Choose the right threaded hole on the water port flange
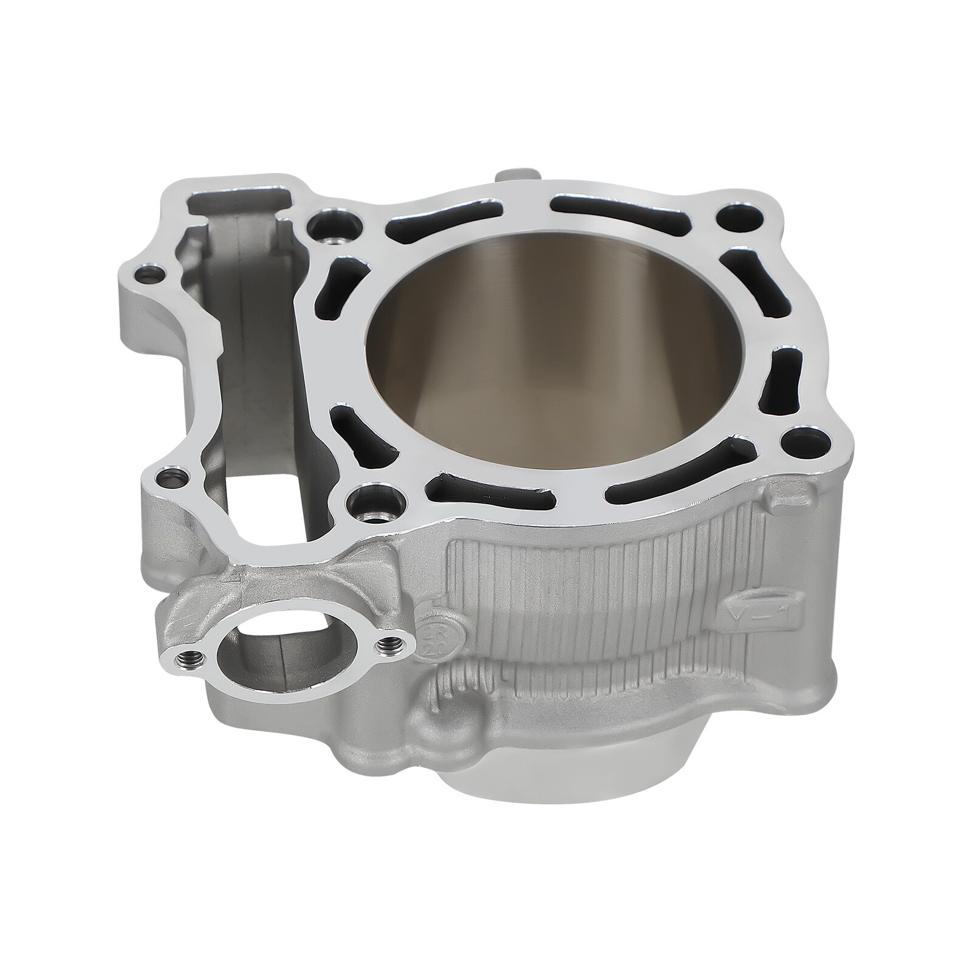click(388, 646)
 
